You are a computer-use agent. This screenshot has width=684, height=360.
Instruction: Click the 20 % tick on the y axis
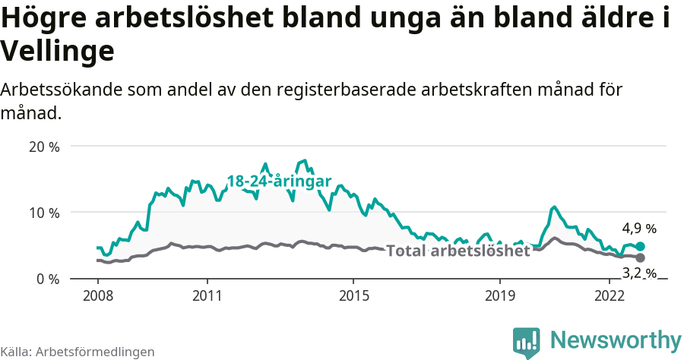(44, 147)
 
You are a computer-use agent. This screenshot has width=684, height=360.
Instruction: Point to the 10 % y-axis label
(44, 213)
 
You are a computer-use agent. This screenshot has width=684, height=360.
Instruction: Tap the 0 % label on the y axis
(48, 279)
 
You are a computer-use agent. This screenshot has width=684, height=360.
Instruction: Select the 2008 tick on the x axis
(98, 295)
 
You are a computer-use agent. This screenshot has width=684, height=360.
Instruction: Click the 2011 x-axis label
(207, 295)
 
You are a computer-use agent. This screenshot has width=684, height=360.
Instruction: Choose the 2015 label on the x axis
(353, 295)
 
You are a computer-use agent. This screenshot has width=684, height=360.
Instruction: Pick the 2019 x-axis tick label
(499, 295)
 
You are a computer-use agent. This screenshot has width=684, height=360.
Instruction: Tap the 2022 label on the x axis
(610, 295)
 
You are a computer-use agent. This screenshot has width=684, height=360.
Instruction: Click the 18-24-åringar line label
(279, 182)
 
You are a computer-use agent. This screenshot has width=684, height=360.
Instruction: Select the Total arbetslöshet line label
(458, 251)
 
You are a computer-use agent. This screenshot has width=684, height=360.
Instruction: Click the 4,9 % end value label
(639, 229)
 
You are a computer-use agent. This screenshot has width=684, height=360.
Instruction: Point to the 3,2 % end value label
(639, 273)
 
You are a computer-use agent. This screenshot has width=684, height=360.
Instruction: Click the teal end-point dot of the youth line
(640, 246)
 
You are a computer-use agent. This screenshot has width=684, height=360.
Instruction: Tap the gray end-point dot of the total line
(640, 258)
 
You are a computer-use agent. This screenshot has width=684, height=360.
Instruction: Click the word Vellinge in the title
(58, 52)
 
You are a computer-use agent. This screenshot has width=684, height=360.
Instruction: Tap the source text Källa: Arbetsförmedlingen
(78, 352)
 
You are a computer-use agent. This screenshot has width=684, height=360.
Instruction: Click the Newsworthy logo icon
(527, 342)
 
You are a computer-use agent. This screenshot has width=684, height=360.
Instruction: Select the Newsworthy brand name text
(616, 339)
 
